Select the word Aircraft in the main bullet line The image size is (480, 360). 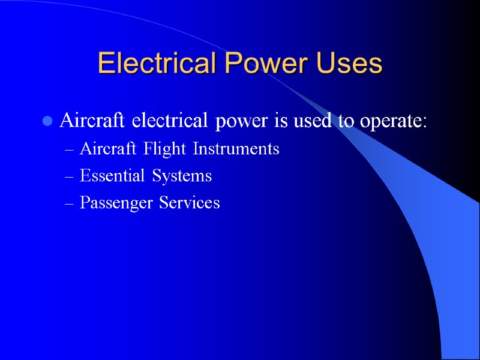[86, 121]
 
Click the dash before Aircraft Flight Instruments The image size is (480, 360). [69, 149]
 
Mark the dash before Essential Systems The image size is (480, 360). [69, 176]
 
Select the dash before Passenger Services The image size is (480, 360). [69, 203]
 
